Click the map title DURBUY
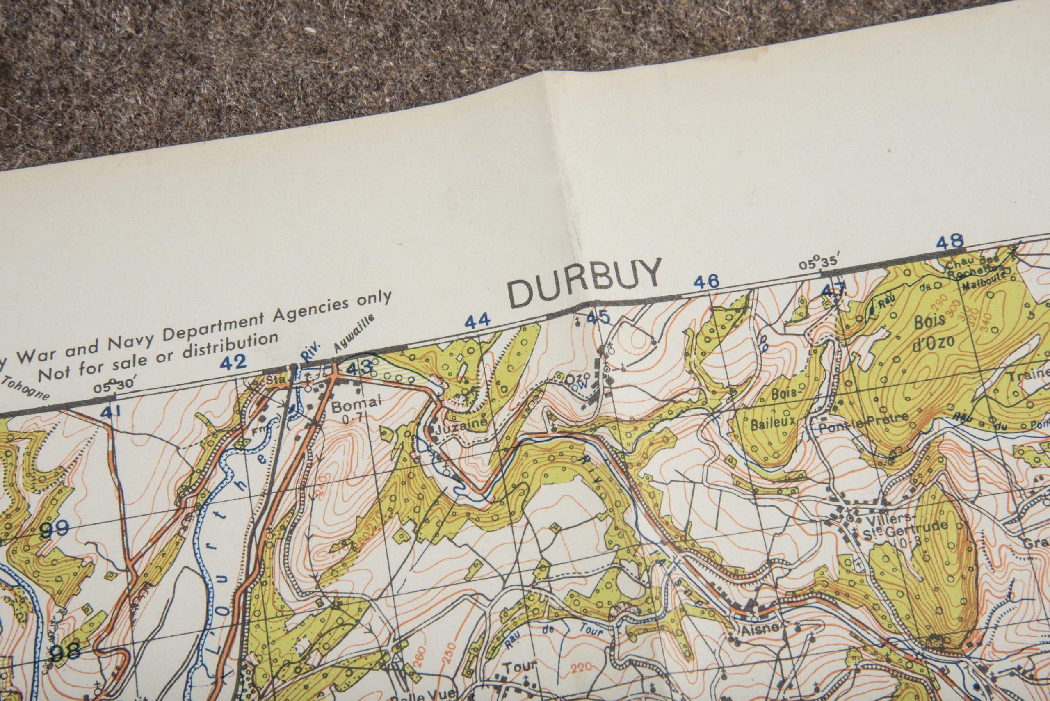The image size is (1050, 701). tap(584, 283)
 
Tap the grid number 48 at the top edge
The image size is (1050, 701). tap(950, 242)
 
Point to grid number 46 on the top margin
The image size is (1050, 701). tap(706, 282)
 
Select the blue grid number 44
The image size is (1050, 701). tap(477, 321)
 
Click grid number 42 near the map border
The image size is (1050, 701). tap(234, 362)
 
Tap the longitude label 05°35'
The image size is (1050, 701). tap(817, 263)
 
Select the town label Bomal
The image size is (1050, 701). tap(356, 404)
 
